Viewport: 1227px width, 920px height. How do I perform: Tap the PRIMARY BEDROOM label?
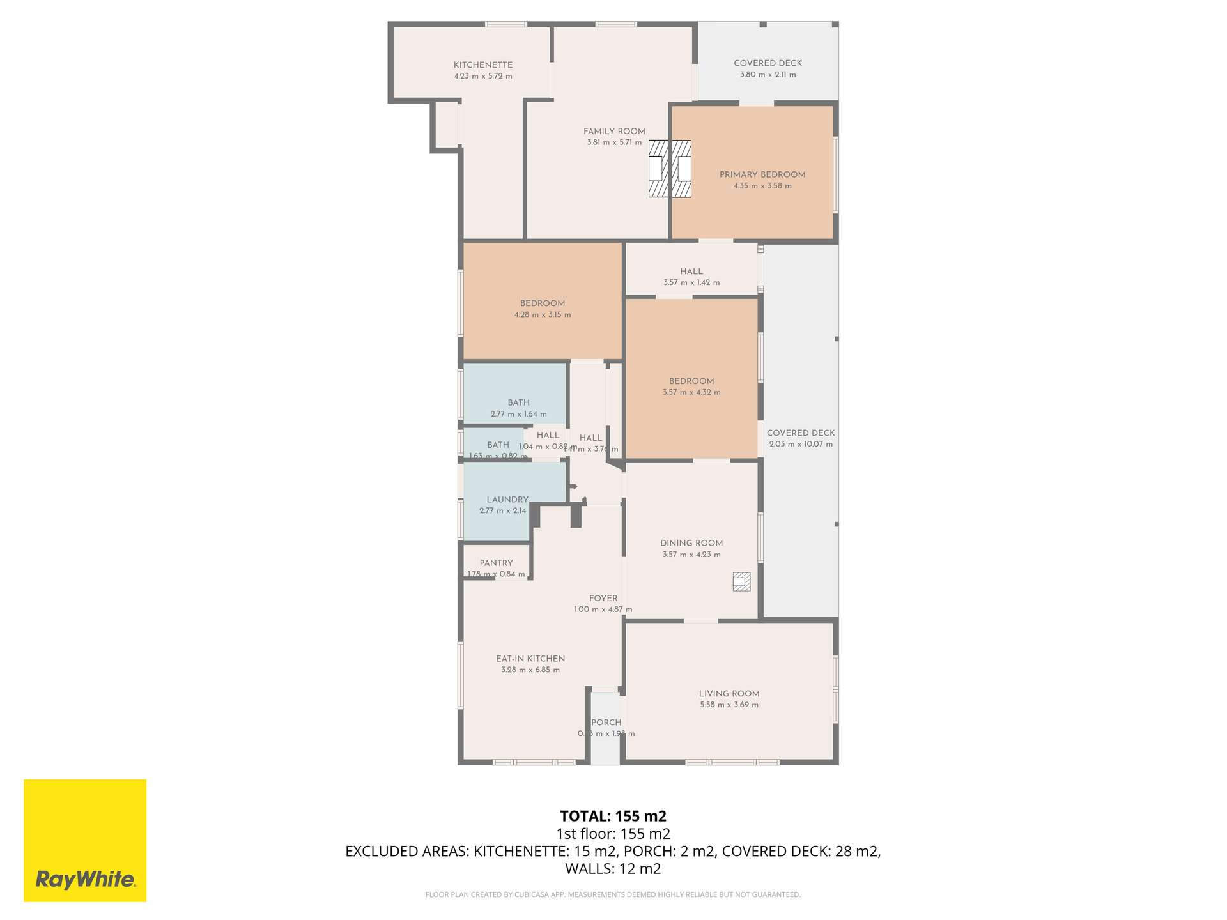pos(762,174)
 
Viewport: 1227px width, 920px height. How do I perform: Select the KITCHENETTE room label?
pos(483,65)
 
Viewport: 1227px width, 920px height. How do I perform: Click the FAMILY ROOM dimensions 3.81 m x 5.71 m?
pos(614,142)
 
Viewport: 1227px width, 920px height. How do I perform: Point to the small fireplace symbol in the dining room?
pos(741,581)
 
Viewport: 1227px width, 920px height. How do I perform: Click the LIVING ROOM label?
pos(729,693)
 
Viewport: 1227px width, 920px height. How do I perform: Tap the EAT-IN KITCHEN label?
pos(530,659)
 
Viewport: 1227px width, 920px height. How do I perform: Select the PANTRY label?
pos(496,563)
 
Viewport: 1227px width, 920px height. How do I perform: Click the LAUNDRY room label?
pos(507,500)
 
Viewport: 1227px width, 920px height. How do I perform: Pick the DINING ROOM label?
pos(691,543)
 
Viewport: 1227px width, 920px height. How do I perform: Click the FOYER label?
pos(603,598)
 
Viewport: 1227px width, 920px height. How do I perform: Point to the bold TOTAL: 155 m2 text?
pos(613,816)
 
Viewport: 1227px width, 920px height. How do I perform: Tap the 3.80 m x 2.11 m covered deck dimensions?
pos(768,75)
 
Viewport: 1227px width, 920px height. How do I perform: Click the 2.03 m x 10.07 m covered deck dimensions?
pos(801,444)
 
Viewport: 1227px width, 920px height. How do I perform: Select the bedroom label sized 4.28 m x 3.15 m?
pos(542,303)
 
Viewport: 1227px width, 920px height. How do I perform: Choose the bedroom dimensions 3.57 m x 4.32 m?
pos(691,392)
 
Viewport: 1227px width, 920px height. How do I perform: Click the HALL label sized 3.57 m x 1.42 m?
pos(691,272)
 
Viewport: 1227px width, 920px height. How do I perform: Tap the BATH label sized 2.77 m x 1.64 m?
pos(518,402)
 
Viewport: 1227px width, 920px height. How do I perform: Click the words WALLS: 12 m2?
pos(613,868)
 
